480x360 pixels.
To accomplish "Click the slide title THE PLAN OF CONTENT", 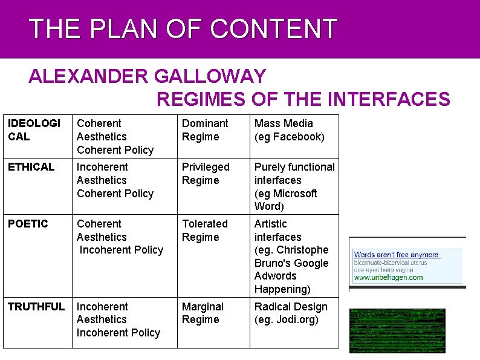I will coord(183,29).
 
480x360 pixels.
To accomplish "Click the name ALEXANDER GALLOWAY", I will coord(147,77).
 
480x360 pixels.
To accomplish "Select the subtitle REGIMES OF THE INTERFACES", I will coord(303,99).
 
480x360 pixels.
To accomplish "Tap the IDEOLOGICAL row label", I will coord(34,130).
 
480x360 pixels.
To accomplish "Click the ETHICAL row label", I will coord(31,167).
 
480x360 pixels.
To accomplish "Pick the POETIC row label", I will coord(28,224).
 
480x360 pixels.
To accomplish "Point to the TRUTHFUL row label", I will coord(36,307).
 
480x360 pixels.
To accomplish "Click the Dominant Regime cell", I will coord(205,130).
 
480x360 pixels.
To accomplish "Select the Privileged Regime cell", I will coord(206,174).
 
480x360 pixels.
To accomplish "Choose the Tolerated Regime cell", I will coord(205,231).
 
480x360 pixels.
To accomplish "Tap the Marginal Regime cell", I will coord(203,313).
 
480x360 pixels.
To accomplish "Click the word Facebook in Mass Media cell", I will coord(296,137).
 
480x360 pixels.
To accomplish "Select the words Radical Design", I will coord(291,307).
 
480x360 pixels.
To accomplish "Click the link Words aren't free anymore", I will coord(397,255).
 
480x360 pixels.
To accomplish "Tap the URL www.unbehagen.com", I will coord(388,278).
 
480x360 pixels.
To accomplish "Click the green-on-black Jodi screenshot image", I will coord(397,330).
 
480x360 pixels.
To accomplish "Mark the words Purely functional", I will coord(294,167).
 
